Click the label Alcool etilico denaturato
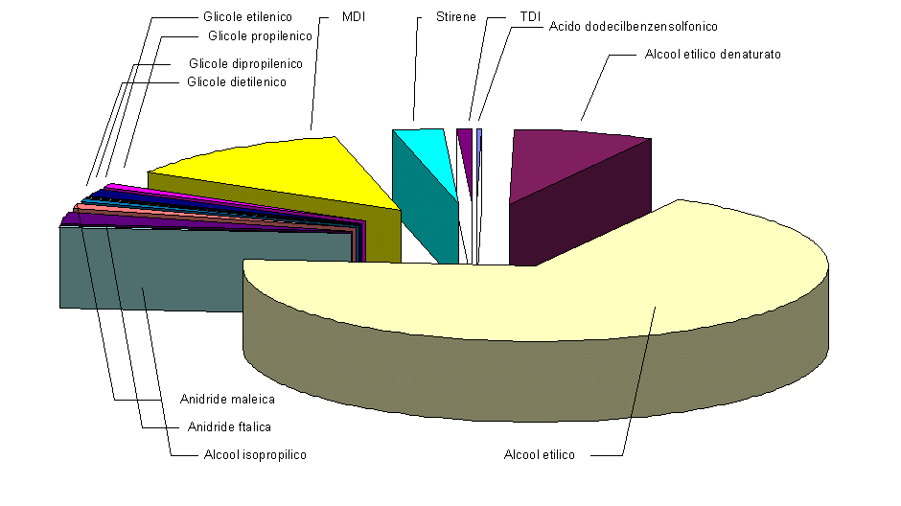click(x=713, y=55)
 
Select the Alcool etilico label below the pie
click(x=539, y=454)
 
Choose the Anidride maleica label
click(x=227, y=399)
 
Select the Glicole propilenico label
click(x=260, y=36)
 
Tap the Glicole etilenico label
click(x=247, y=17)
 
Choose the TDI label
click(x=529, y=17)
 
